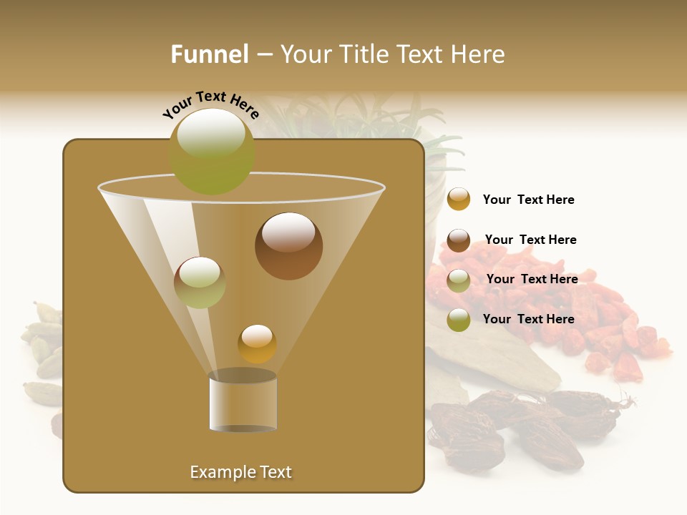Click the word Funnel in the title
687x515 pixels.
210,54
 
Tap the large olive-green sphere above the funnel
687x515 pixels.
212,151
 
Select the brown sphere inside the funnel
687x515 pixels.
289,246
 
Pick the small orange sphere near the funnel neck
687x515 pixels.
258,343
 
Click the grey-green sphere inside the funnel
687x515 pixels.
200,283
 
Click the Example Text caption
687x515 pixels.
241,472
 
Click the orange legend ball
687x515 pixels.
459,200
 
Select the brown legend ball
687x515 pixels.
459,240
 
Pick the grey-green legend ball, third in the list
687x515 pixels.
459,280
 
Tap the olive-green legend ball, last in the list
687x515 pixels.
459,320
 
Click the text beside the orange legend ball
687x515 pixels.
528,200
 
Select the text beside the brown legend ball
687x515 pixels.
530,240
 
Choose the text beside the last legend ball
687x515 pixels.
528,319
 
